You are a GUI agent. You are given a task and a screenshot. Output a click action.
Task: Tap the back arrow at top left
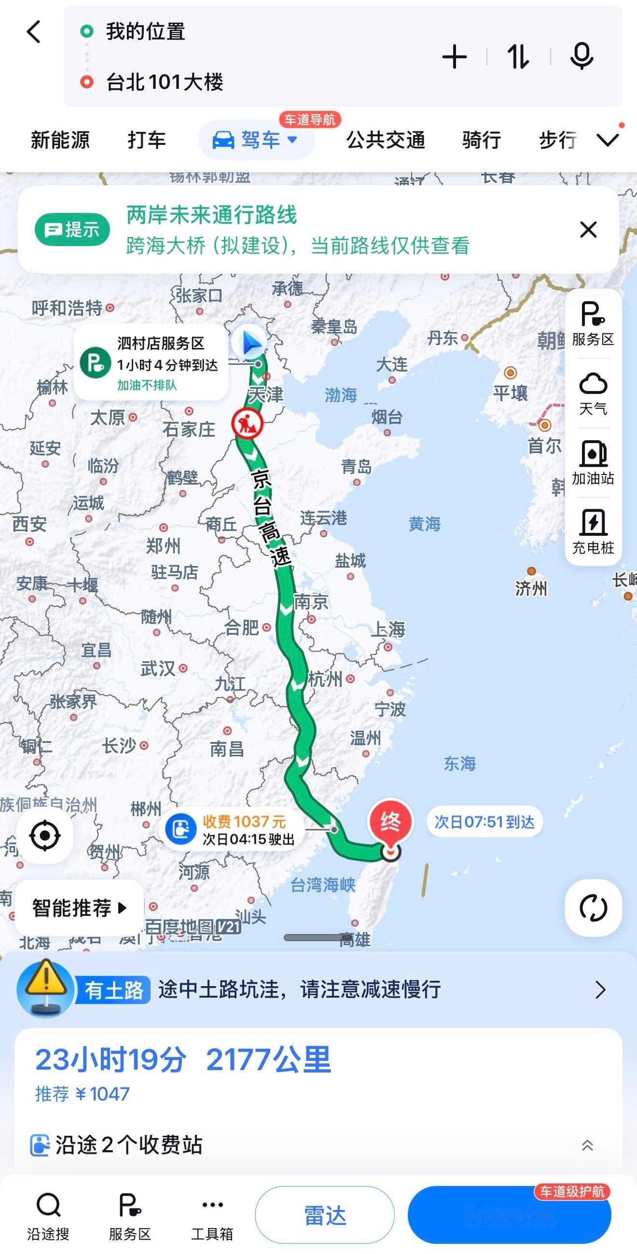34,32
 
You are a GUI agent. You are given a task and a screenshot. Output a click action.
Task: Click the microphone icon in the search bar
581,56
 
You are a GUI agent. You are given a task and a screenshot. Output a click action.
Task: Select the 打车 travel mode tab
147,140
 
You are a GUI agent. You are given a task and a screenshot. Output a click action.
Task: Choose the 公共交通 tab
386,140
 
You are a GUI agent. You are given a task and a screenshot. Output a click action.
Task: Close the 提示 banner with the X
588,229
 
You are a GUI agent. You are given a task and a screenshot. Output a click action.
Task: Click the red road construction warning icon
247,423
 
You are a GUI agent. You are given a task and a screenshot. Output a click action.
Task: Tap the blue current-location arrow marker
250,343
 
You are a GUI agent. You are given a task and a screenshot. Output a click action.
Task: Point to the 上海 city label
388,629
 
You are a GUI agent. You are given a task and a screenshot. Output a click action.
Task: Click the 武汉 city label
158,668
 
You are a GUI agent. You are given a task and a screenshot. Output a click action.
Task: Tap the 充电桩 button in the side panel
593,531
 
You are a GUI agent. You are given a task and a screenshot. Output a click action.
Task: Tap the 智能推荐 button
79,908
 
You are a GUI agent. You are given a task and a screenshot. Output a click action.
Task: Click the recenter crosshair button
45,836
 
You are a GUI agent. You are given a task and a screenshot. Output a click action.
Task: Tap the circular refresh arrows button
593,908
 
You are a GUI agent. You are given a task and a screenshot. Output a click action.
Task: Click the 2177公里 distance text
268,1060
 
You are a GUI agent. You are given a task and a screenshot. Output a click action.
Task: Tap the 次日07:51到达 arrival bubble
484,822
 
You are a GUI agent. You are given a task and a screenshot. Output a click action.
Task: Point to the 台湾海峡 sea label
323,885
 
